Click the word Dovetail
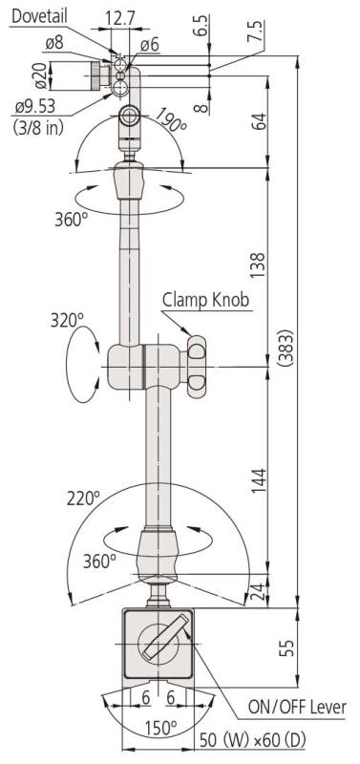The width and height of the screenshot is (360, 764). tap(39, 16)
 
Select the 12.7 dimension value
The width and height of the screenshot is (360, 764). tap(119, 19)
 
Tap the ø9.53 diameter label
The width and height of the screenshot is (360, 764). tap(35, 106)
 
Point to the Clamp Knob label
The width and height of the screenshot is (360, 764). tap(206, 300)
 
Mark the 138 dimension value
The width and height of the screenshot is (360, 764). tap(258, 265)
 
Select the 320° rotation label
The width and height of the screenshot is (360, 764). tap(67, 320)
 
